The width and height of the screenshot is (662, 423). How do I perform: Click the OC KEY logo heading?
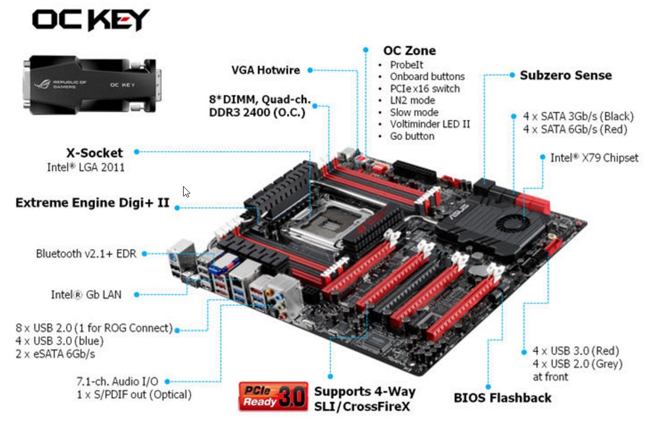tap(91, 20)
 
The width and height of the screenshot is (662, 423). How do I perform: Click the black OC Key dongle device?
tap(92, 84)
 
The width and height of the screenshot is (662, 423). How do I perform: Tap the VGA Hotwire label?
tap(266, 70)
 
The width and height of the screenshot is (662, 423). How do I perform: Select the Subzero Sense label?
tap(566, 75)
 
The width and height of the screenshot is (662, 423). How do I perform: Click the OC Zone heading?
tap(409, 51)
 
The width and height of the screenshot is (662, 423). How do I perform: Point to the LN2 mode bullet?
tap(412, 101)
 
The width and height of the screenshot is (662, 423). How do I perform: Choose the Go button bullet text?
tap(412, 136)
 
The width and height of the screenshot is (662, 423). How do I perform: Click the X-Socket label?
tap(94, 152)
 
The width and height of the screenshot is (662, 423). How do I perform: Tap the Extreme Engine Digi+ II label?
tap(93, 203)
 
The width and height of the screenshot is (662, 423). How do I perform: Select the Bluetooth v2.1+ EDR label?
tap(86, 253)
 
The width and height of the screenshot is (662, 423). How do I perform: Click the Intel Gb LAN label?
tap(86, 294)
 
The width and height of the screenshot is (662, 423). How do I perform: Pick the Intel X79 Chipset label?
tap(594, 158)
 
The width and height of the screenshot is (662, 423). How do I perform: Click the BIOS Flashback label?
tap(502, 398)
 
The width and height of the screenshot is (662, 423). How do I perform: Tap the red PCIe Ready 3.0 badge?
tap(273, 396)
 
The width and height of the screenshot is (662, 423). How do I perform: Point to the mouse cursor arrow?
tap(186, 192)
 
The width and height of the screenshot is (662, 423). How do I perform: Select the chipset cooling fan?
tap(512, 223)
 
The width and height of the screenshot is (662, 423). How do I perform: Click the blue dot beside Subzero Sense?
tap(512, 75)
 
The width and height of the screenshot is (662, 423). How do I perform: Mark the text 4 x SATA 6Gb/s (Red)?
tap(575, 129)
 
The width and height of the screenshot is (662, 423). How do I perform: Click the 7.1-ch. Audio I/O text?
tap(118, 381)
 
